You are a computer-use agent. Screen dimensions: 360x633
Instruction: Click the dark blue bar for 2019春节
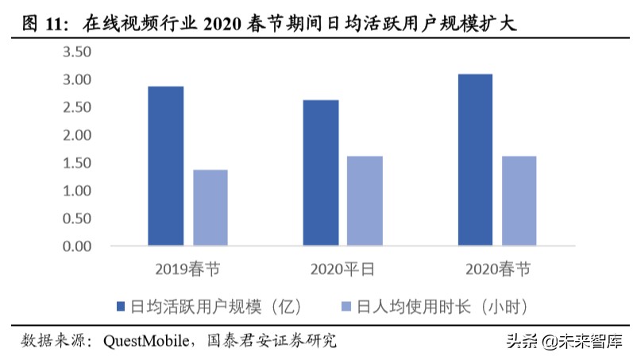pos(166,165)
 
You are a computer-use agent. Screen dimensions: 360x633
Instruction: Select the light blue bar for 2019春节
pos(210,207)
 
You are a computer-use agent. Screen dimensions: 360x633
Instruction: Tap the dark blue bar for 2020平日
pos(321,172)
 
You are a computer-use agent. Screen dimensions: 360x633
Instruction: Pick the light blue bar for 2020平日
pos(365,200)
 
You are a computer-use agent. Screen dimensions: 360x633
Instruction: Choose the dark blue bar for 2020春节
pos(475,159)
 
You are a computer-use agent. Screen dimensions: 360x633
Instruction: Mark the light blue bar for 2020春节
pos(519,200)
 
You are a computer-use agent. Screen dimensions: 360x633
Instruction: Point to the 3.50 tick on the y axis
pos(78,52)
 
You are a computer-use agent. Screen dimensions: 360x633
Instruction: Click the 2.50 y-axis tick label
pos(78,107)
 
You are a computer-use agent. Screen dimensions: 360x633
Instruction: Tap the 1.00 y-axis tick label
pos(78,191)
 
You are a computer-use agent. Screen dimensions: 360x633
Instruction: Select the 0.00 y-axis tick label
pos(78,246)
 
